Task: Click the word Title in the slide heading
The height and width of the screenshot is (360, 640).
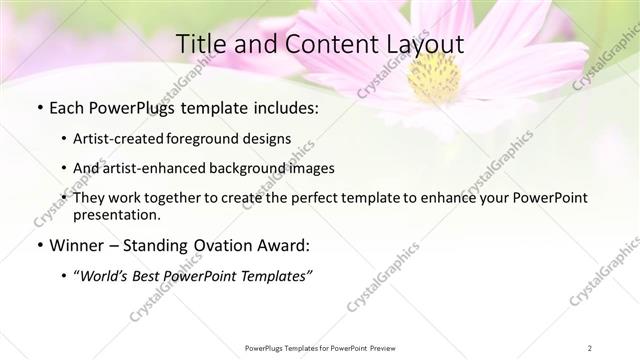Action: coord(201,45)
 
